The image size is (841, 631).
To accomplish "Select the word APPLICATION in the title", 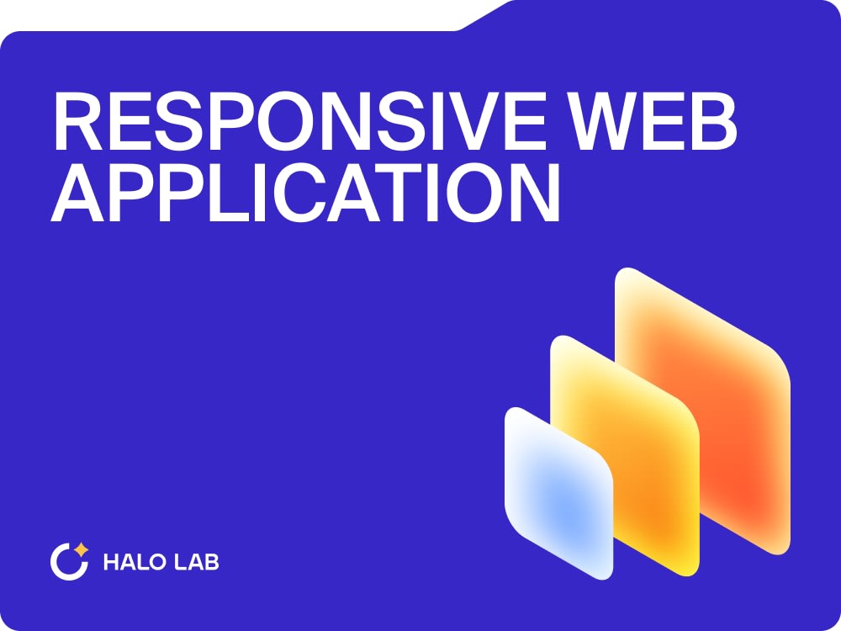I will click(x=306, y=193).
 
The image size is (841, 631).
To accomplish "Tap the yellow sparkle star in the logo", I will click(x=82, y=550).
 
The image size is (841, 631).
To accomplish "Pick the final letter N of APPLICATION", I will click(x=535, y=193).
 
